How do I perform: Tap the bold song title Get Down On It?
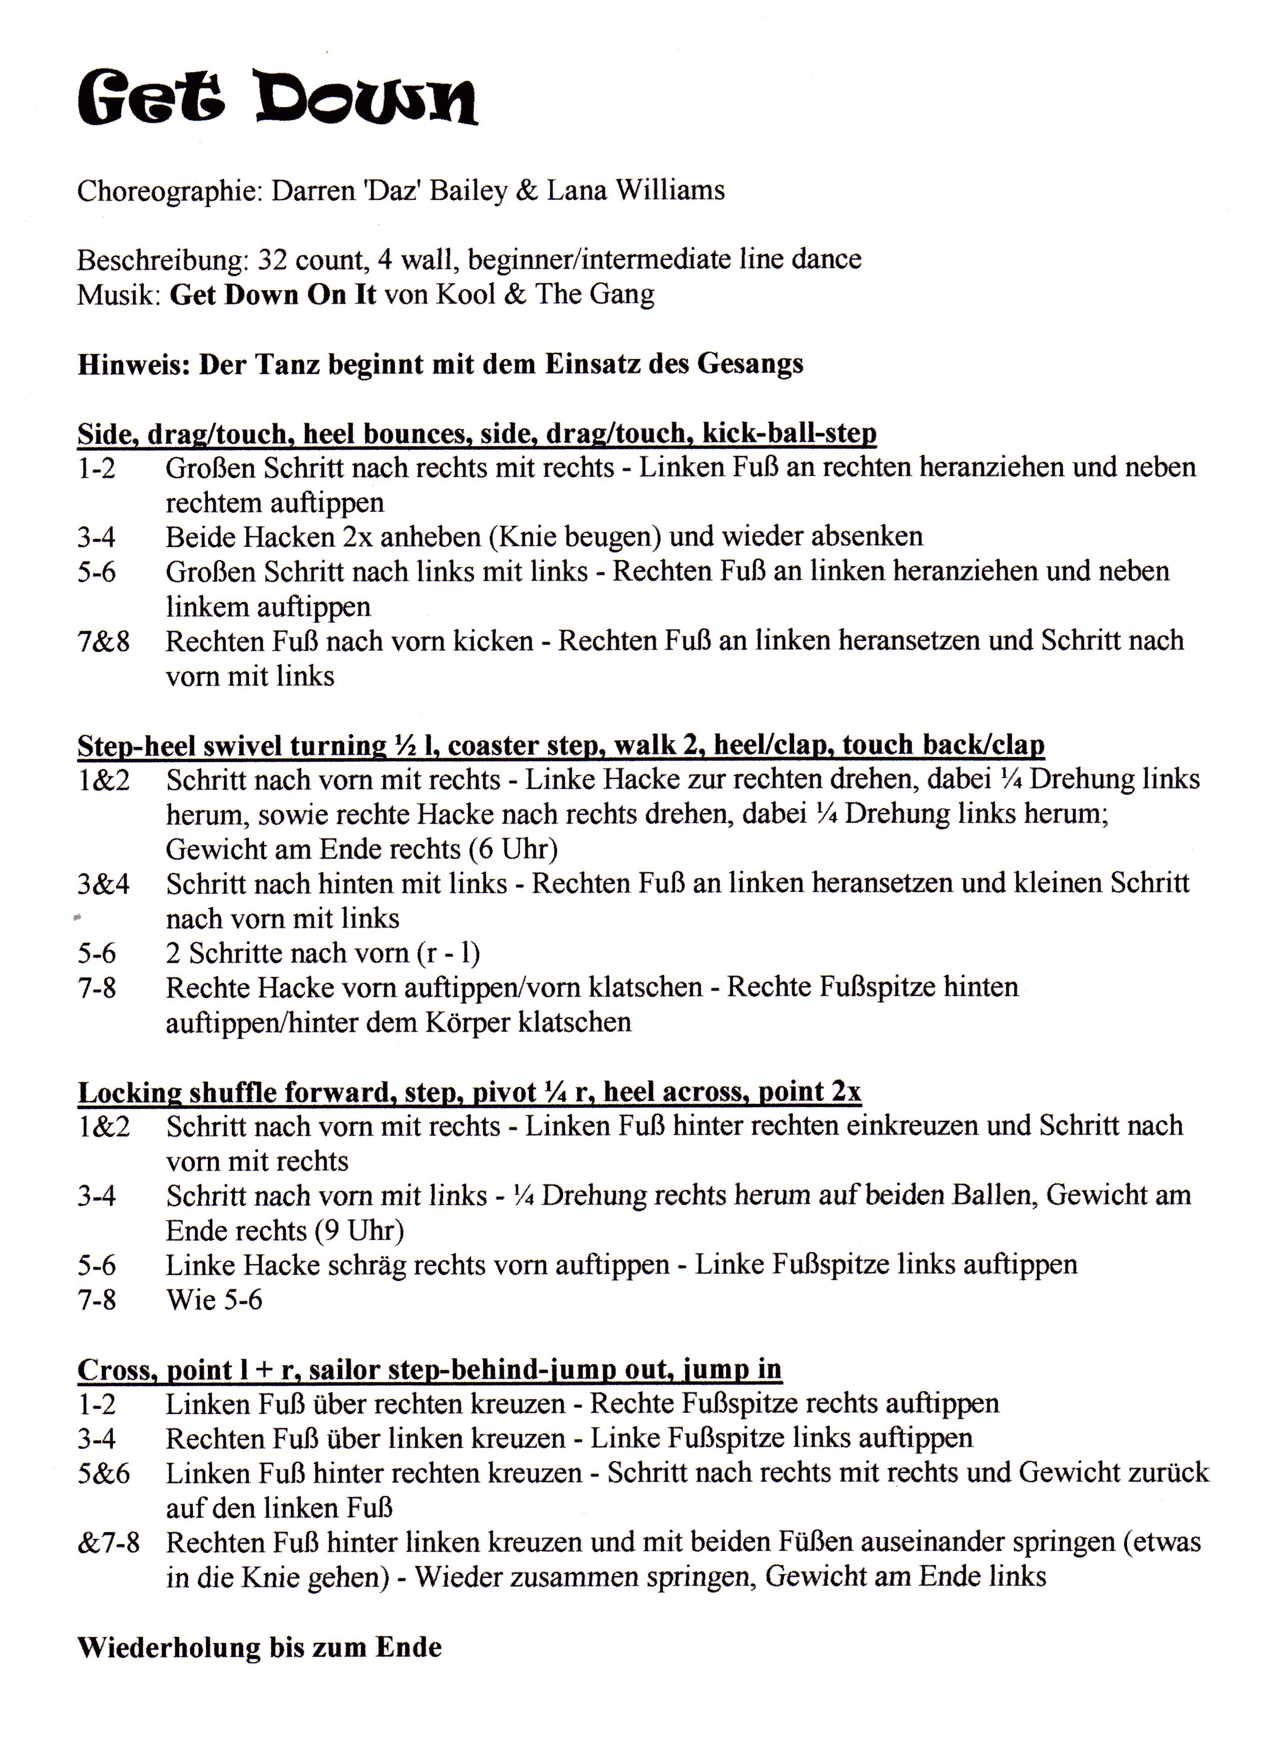click(273, 295)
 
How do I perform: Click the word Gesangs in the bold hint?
click(750, 364)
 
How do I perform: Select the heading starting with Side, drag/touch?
click(477, 433)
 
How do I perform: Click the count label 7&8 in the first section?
click(104, 642)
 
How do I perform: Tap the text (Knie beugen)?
click(573, 536)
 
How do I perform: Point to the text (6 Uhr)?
click(513, 849)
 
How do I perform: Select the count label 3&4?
click(104, 884)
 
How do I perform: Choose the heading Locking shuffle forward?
click(469, 1091)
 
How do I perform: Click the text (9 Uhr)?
click(359, 1230)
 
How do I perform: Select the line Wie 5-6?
click(215, 1300)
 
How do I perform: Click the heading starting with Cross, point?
click(429, 1369)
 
